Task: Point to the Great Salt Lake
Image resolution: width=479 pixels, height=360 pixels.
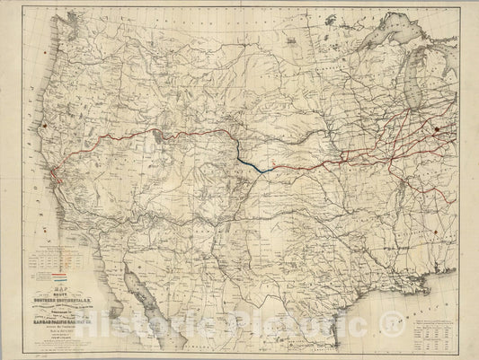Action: (x=159, y=136)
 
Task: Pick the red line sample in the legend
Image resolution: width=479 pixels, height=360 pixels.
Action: (x=59, y=273)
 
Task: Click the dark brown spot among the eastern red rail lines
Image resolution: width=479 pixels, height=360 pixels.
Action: (x=438, y=130)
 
